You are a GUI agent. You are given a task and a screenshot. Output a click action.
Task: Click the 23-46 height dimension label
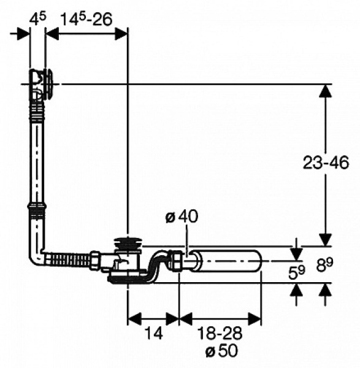(x=326, y=163)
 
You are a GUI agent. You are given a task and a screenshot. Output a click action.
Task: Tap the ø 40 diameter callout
(x=182, y=217)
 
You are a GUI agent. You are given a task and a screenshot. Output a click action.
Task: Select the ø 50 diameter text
(x=221, y=351)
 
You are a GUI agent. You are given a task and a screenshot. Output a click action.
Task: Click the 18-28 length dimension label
(x=220, y=333)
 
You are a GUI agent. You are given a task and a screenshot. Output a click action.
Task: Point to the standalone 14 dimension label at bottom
(x=154, y=333)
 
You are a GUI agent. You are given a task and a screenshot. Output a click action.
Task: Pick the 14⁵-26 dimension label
(x=86, y=19)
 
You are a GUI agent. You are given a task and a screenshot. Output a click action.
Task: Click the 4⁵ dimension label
(x=38, y=19)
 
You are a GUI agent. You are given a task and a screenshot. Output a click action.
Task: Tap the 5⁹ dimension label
(x=297, y=272)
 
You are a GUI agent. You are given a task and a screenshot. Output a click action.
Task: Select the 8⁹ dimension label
(x=324, y=264)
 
